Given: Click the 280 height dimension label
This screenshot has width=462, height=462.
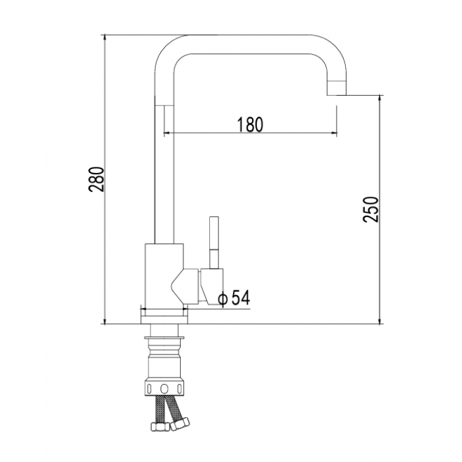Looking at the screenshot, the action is [96, 180].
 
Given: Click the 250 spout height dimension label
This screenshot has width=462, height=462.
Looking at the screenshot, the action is [370, 209].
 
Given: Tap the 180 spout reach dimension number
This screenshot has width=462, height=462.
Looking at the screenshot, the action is [250, 124].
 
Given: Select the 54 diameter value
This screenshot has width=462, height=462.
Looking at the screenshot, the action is [241, 297].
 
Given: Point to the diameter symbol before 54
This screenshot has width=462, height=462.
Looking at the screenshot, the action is [223, 300].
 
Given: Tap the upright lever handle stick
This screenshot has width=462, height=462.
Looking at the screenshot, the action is [214, 243].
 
